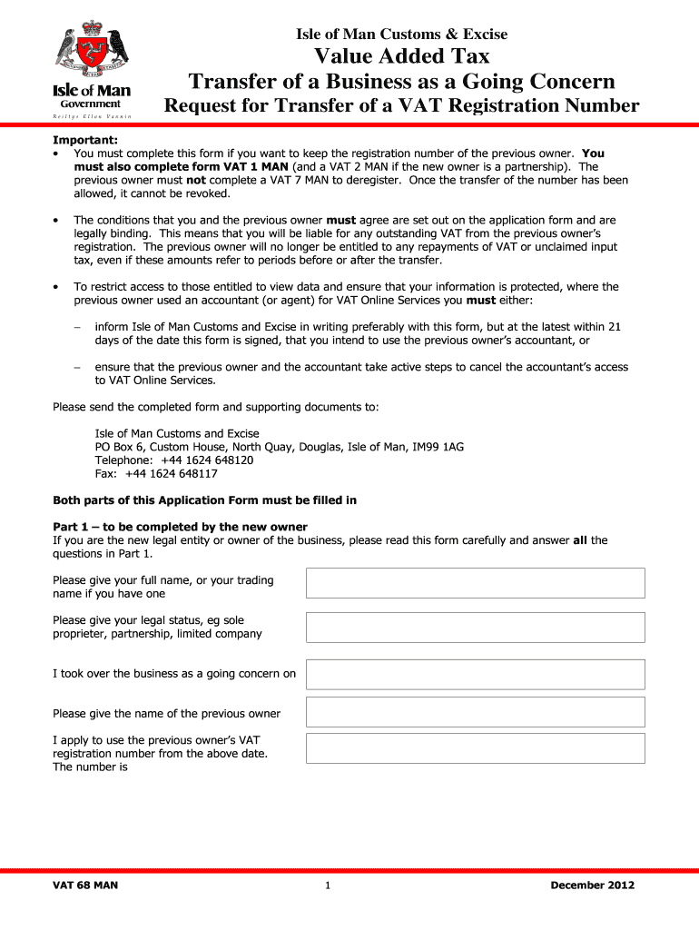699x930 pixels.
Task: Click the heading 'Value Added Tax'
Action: pos(401,57)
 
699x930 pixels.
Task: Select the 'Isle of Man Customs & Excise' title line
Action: pos(401,35)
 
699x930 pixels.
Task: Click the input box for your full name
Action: pos(475,583)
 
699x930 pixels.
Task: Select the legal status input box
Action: pos(475,628)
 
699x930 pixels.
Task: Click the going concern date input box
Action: pos(475,674)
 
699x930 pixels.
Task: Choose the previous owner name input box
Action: pos(475,712)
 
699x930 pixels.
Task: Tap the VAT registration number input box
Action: pos(475,747)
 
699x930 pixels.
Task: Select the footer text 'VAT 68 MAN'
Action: pos(85,885)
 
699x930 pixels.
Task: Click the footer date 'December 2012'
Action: pos(592,885)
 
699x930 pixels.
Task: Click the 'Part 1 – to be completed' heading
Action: pos(180,527)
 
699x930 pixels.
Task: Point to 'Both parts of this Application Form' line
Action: pos(204,500)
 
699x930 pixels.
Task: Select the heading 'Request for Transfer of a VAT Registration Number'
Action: pos(401,106)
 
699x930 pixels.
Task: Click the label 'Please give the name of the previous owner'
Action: pos(167,713)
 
